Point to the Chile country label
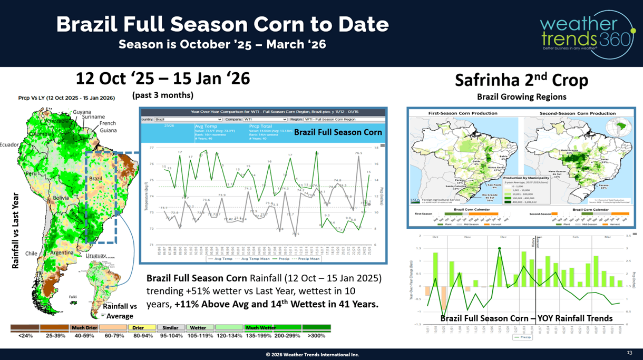tap(31, 254)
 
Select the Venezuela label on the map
tap(57, 121)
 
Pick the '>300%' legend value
tap(318, 336)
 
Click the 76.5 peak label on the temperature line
tap(358, 153)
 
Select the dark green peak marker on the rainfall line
tap(499, 249)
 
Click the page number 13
tap(629, 353)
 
